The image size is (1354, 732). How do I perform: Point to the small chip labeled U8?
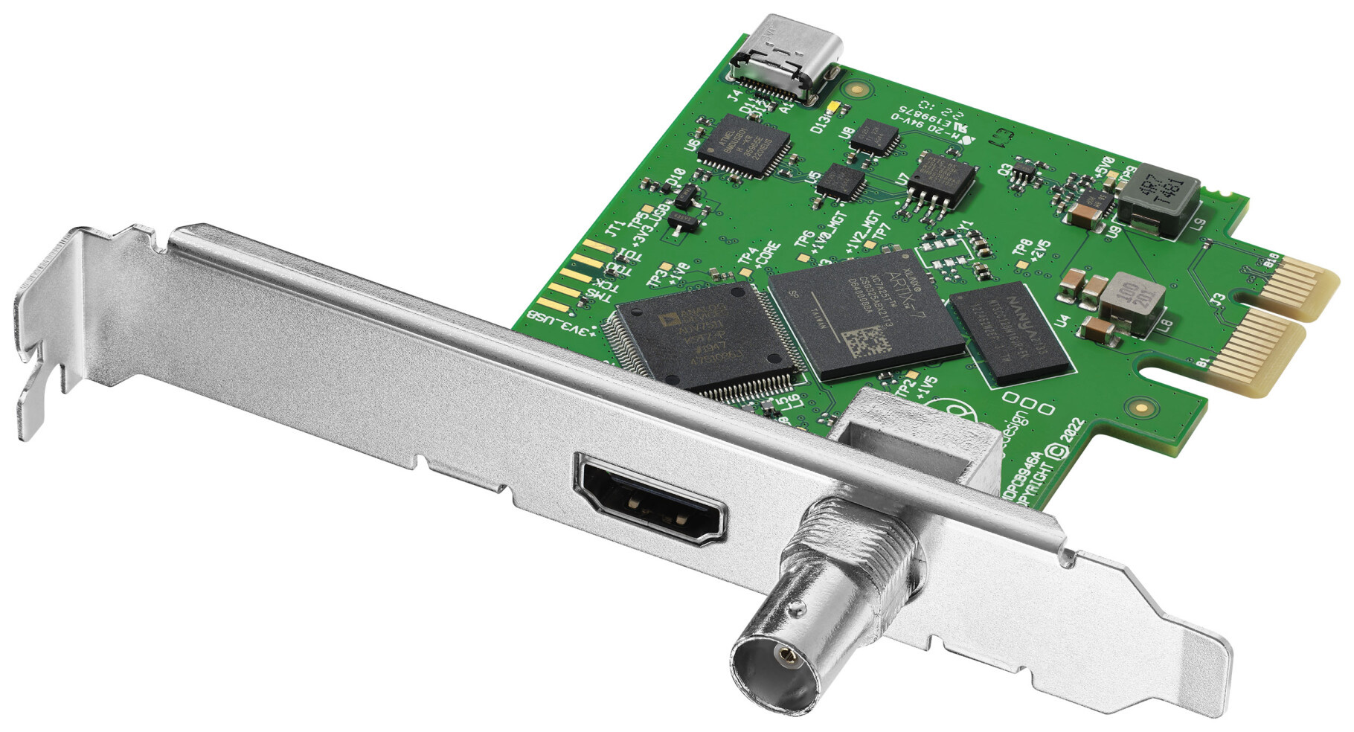tap(875, 138)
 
